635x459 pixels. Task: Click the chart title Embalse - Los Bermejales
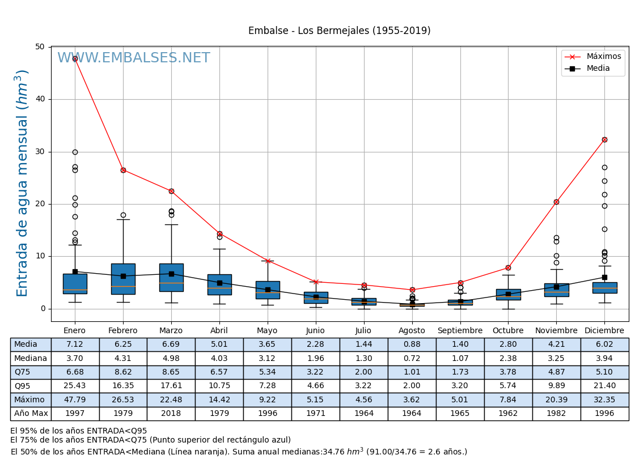coord(339,31)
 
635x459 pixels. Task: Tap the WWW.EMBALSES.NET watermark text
coord(133,58)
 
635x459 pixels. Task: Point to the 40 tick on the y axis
coord(40,99)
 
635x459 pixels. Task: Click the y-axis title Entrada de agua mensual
coord(22,183)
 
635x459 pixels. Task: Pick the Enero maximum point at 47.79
coord(75,58)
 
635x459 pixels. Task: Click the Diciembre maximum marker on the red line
coord(604,139)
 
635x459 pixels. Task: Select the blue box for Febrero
coord(123,279)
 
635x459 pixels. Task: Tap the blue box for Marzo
coord(171,278)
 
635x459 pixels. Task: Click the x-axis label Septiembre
coord(460,331)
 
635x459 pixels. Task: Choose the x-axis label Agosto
coord(412,331)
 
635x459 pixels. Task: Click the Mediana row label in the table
coord(31,359)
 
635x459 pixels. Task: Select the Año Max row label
coord(31,414)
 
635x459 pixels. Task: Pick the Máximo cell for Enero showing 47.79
coord(75,400)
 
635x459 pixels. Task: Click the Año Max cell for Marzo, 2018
coord(171,414)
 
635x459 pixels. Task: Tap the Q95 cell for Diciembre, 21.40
coord(604,386)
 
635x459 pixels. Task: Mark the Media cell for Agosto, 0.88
coord(412,345)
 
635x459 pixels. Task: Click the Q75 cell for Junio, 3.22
coord(315,372)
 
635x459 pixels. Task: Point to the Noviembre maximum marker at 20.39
coord(556,202)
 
